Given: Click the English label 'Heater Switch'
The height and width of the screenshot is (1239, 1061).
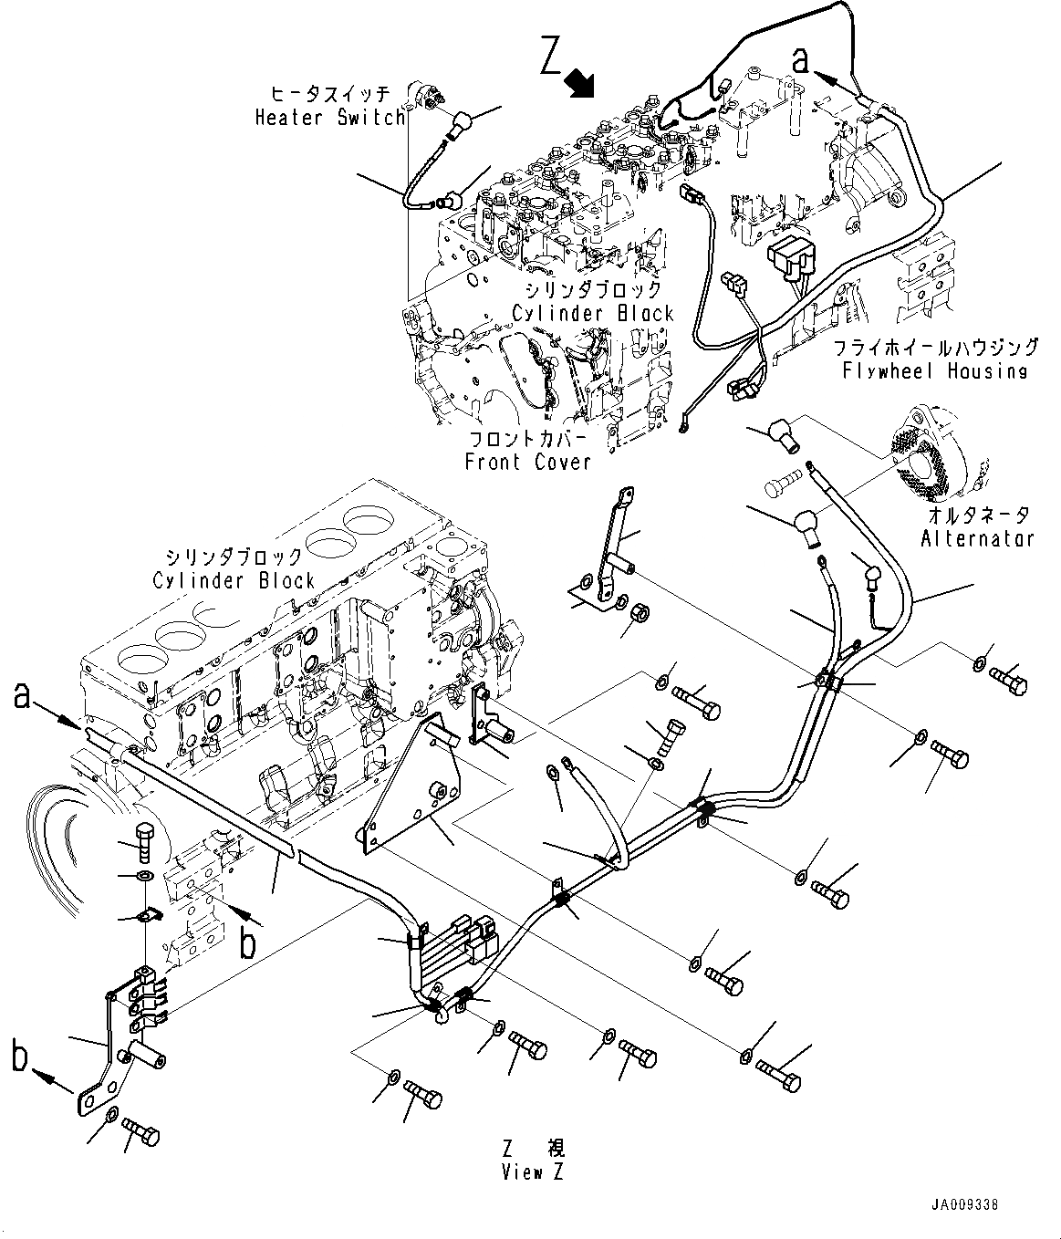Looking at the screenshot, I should (329, 117).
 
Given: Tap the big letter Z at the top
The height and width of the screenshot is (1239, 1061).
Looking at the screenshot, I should (551, 57).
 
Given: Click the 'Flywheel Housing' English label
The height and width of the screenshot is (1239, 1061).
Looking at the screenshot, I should (935, 370).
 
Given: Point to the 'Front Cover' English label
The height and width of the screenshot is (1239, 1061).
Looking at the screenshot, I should (527, 462).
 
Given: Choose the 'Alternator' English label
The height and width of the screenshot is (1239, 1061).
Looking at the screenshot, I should (977, 537).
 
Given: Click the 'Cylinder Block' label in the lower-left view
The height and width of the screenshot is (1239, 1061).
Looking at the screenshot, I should (234, 580).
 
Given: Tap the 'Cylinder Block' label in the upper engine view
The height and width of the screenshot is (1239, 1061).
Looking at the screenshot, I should (592, 313).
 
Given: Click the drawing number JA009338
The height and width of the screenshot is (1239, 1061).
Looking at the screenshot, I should (965, 1205).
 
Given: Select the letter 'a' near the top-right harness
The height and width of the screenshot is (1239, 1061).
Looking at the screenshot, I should (800, 60).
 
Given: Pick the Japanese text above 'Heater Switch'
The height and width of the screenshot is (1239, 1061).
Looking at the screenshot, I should (330, 94).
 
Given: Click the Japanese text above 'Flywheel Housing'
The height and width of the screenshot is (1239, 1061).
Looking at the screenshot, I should (935, 348).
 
